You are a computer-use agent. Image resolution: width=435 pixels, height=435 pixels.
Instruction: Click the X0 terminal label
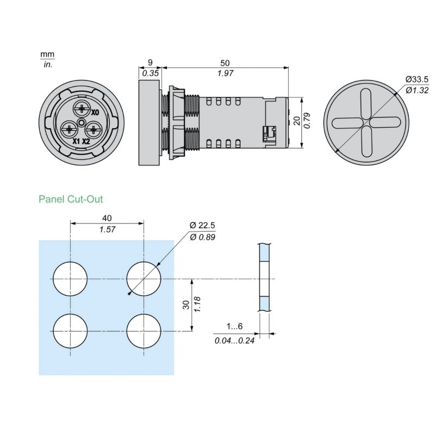[x=95, y=113]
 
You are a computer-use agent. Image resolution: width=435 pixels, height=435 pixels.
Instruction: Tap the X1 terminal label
[x=77, y=141]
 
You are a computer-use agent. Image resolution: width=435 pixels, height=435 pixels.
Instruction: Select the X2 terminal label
[x=86, y=141]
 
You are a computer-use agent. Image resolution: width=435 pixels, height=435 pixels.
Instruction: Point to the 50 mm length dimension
[x=225, y=63]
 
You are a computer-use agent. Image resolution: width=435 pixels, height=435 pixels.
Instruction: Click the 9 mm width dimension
[x=151, y=63]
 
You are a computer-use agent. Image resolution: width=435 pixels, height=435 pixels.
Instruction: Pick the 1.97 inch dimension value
[x=225, y=73]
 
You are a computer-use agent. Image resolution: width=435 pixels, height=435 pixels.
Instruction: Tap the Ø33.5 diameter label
[x=417, y=80]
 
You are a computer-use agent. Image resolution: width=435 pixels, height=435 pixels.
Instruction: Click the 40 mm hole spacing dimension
[x=107, y=219]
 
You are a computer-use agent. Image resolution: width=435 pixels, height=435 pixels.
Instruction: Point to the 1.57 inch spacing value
[x=107, y=229]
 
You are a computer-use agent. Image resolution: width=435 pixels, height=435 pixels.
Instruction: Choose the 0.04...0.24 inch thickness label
[x=234, y=340]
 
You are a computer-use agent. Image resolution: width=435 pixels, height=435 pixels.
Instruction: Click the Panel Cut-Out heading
[x=71, y=200]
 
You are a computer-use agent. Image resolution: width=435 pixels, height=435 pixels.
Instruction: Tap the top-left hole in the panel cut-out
[x=71, y=278]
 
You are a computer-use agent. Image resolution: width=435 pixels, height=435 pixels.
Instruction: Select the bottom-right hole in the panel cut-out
[x=144, y=331]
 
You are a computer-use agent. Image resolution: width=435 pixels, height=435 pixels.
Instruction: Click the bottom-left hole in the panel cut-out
[x=71, y=331]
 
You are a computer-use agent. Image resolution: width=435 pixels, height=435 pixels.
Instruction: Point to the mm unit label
[x=47, y=55]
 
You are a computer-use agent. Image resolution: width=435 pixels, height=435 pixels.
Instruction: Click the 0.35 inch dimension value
[x=151, y=73]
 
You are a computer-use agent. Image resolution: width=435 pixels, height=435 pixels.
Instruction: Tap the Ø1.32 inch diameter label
[x=417, y=90]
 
